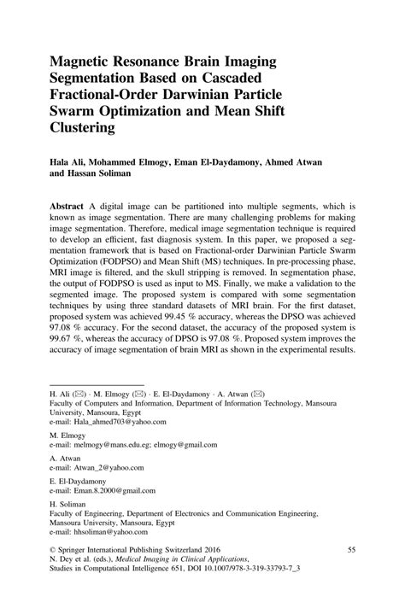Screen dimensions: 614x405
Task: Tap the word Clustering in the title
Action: click(x=86, y=129)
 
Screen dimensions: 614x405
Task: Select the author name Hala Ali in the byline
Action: click(x=70, y=160)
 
